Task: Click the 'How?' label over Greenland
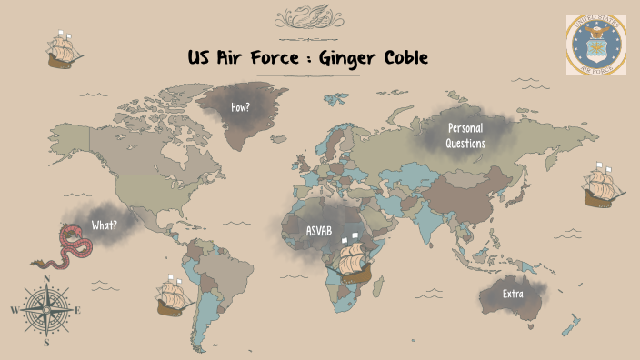tap(241, 106)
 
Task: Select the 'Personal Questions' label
tap(465, 135)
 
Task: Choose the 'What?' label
tap(104, 225)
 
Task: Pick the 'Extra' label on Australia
tap(512, 294)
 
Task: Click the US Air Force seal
tap(596, 45)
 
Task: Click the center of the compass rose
tap(46, 310)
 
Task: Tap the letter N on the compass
tap(46, 278)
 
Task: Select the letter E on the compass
tap(77, 311)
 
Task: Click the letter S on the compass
tap(46, 344)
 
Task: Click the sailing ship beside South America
tap(172, 295)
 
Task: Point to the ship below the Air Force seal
tap(603, 186)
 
